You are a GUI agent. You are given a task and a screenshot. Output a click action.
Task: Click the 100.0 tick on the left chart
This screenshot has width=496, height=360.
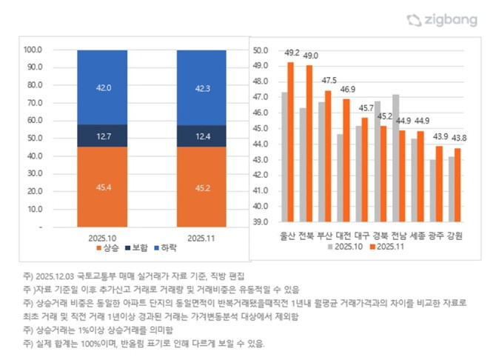click(34, 50)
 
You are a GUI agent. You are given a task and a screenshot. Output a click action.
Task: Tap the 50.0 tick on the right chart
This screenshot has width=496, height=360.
click(260, 50)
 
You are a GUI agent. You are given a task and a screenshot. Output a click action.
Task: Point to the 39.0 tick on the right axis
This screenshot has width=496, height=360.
click(260, 221)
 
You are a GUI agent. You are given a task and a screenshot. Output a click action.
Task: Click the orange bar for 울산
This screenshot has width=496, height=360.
click(290, 141)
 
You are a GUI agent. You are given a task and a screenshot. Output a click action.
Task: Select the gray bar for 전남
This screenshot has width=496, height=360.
click(396, 158)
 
